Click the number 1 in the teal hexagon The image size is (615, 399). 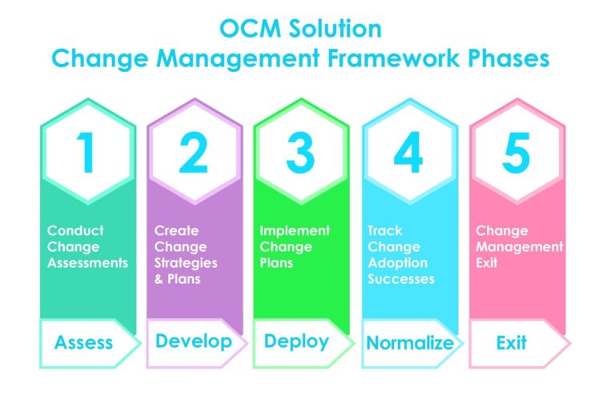(86, 154)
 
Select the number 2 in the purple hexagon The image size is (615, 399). (193, 154)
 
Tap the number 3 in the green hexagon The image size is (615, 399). (300, 154)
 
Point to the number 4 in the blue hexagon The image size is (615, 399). (408, 154)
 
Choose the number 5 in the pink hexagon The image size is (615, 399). (516, 154)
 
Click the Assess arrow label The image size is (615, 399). (84, 343)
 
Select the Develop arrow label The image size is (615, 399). (193, 341)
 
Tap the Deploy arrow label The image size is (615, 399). (296, 341)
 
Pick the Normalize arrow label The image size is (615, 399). (409, 344)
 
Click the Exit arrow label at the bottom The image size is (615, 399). (511, 343)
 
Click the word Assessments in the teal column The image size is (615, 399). (87, 263)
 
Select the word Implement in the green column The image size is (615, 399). (294, 230)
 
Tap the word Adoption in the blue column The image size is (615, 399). (397, 263)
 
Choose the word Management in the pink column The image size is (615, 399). (519, 247)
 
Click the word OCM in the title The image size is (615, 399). (247, 30)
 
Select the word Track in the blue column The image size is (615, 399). (385, 230)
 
